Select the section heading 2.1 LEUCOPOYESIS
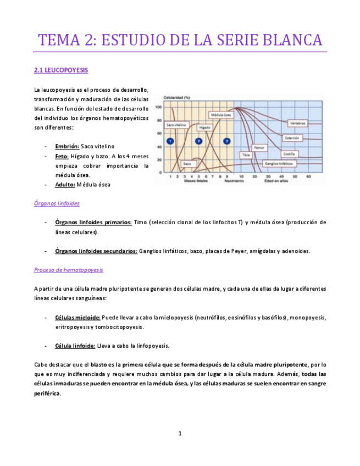[60, 71]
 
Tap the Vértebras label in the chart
[297, 123]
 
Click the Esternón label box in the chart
[292, 137]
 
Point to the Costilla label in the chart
[290, 154]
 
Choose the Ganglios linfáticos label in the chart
[278, 163]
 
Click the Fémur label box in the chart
[260, 148]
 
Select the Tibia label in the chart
[246, 156]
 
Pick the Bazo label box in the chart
[187, 164]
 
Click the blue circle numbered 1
[170, 142]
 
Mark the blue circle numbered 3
[226, 142]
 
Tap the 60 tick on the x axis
[308, 176]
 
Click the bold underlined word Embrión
[67, 147]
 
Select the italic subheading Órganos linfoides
[57, 203]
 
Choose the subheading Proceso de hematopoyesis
[68, 270]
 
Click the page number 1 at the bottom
[180, 434]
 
